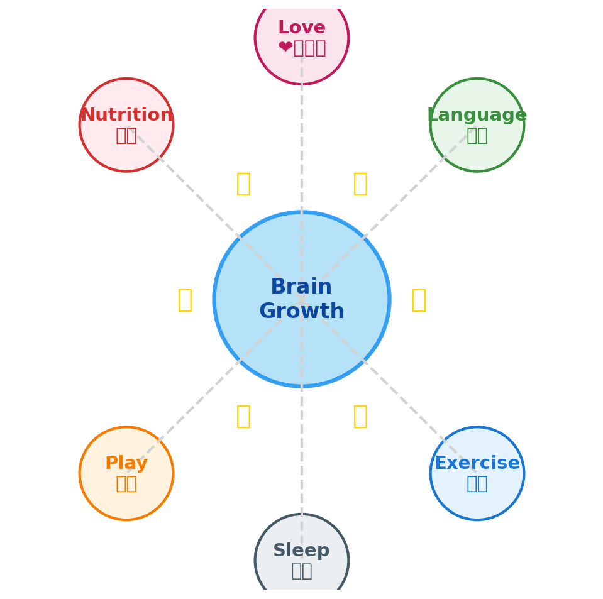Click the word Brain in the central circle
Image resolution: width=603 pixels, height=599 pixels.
[301, 287]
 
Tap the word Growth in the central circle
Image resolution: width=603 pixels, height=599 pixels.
[301, 312]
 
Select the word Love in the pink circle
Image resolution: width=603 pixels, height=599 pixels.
[302, 28]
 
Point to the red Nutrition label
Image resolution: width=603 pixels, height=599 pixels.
[126, 116]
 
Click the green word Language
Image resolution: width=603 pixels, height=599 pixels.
[477, 116]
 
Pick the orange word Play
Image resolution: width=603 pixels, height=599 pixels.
[126, 464]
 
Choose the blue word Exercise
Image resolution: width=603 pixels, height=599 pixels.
[477, 464]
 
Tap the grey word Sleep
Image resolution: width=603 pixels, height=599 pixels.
[301, 551]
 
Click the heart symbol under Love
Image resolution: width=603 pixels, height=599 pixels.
[285, 48]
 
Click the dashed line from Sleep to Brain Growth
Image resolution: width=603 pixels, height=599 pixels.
[302, 453]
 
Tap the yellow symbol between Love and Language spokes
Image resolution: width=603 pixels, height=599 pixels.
[360, 184]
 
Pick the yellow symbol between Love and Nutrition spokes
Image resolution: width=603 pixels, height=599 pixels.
[243, 184]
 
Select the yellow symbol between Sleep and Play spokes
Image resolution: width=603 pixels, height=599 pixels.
[243, 416]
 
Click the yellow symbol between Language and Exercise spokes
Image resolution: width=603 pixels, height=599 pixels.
[419, 300]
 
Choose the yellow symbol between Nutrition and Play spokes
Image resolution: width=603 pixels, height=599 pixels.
[185, 300]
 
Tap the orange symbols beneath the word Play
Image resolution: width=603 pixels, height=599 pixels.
[126, 483]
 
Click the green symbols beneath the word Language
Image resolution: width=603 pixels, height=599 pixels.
[477, 135]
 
